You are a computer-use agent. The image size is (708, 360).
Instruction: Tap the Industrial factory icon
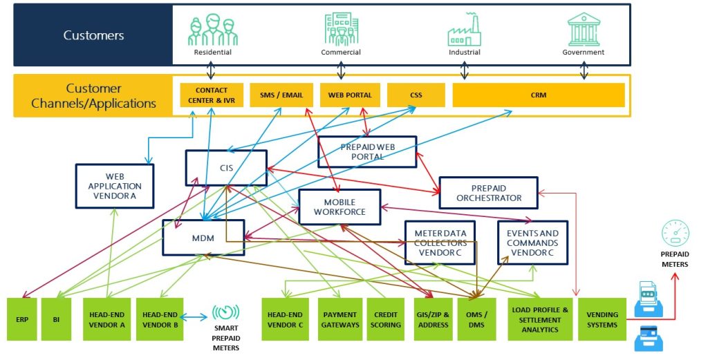(464, 30)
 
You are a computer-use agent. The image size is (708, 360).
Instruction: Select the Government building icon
(584, 29)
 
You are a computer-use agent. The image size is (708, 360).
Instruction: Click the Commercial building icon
(342, 29)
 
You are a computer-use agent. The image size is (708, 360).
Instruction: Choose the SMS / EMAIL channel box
(281, 95)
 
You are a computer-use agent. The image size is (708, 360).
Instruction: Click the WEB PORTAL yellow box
(350, 95)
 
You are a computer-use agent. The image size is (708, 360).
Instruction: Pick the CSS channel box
(416, 95)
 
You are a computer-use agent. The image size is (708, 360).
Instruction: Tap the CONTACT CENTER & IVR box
(212, 95)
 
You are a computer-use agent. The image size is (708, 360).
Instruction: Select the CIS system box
(226, 168)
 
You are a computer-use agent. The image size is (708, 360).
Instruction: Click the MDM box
(203, 238)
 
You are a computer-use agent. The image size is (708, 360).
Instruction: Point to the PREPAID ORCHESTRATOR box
(489, 193)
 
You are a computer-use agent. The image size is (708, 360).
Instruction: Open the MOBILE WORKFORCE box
(339, 207)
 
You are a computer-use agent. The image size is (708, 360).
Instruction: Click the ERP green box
(22, 319)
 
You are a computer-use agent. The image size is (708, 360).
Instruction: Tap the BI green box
(57, 319)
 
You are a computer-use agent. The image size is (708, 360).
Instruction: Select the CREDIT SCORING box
(386, 319)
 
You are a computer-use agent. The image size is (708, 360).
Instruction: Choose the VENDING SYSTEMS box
(602, 319)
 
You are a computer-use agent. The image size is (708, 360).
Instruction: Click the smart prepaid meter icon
(226, 312)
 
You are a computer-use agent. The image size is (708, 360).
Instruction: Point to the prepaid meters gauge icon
(676, 234)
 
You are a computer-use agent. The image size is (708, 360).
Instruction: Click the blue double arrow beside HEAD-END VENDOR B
(194, 318)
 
